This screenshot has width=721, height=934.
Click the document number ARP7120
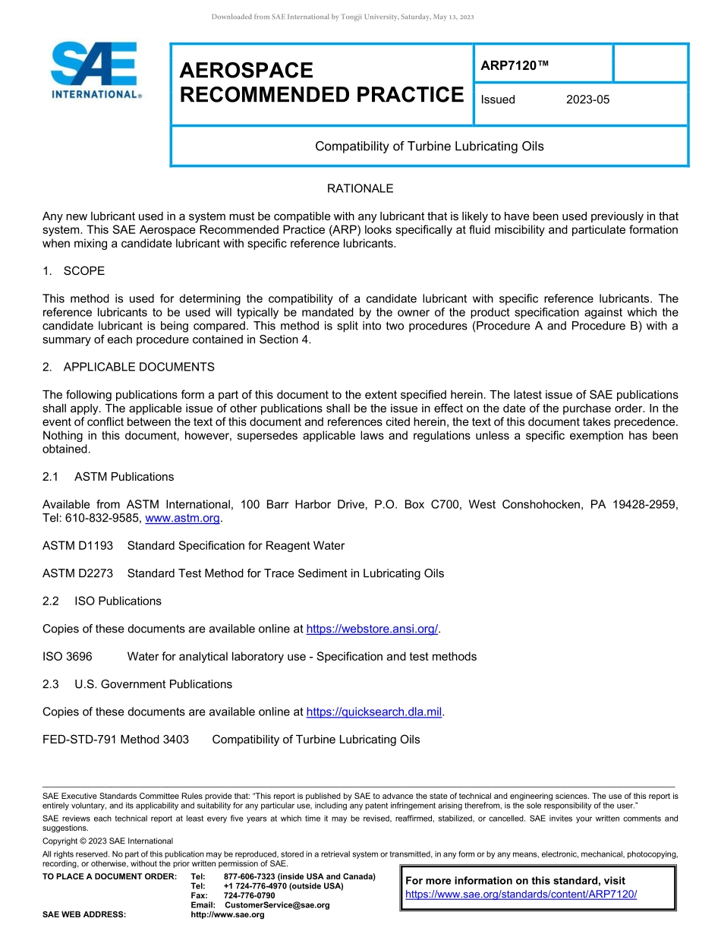[x=514, y=67]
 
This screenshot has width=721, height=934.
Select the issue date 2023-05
[x=587, y=99]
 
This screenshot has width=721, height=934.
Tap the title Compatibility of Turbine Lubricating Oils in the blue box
[x=429, y=146]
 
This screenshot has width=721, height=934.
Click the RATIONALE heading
[x=360, y=188]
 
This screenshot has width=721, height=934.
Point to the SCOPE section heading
[x=83, y=271]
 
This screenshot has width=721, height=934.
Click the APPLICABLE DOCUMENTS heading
[x=138, y=367]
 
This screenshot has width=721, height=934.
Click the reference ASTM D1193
[x=77, y=546]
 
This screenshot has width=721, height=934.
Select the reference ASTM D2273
[x=77, y=573]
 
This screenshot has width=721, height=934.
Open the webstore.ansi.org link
[x=372, y=629]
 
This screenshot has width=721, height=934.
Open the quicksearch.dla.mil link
[x=374, y=712]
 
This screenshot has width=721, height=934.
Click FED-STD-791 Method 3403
[x=115, y=740]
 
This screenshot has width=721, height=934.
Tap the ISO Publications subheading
[x=118, y=601]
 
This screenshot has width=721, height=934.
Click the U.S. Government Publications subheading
[x=153, y=684]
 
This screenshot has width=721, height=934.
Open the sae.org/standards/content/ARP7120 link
[x=521, y=895]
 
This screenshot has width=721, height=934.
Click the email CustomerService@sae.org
[x=277, y=905]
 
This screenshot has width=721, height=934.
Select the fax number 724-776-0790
[x=249, y=896]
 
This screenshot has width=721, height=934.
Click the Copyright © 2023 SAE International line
[x=108, y=841]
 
